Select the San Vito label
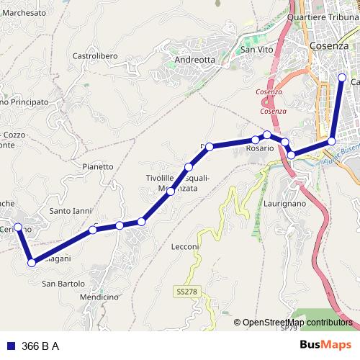[256, 50]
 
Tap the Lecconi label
[185, 246]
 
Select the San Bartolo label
[63, 283]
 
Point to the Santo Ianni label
[70, 211]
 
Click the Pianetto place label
[98, 166]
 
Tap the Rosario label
[260, 148]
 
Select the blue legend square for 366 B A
[11, 345]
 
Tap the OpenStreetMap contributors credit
[297, 323]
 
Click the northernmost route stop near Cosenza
[342, 77]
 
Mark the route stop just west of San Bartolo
[32, 263]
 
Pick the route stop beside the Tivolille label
[171, 192]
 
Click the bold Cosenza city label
[328, 45]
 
